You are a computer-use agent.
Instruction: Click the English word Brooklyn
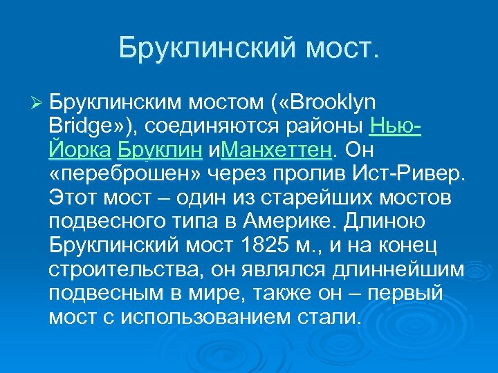pyautogui.click(x=335, y=103)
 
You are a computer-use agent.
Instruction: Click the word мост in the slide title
pyautogui.click(x=343, y=48)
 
